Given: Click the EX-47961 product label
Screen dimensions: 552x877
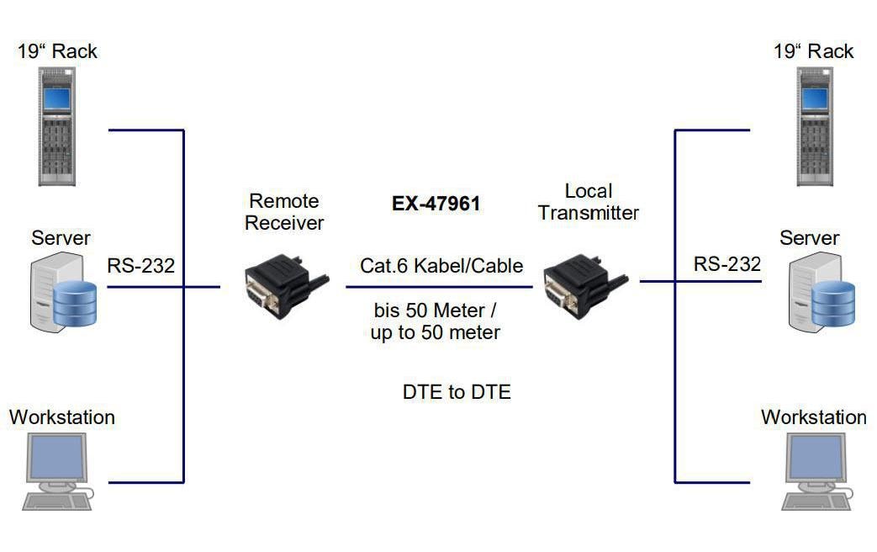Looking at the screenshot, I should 436,204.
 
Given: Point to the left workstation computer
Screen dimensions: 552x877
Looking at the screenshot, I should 57,472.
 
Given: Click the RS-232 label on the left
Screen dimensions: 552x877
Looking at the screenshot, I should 140,266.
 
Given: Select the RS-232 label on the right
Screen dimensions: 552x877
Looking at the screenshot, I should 726,264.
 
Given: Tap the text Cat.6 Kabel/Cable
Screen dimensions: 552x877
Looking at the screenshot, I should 441,266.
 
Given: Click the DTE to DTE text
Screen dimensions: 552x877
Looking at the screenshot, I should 457,392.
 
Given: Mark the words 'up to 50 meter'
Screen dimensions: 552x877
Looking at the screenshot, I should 436,332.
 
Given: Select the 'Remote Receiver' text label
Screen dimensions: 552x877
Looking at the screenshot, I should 284,212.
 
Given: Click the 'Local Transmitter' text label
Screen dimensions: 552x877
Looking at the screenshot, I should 588,202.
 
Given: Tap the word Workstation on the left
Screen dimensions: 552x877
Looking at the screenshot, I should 62,417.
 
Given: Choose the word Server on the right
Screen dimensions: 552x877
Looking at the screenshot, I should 809,238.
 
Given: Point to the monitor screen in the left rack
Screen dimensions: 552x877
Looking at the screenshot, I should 56,98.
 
